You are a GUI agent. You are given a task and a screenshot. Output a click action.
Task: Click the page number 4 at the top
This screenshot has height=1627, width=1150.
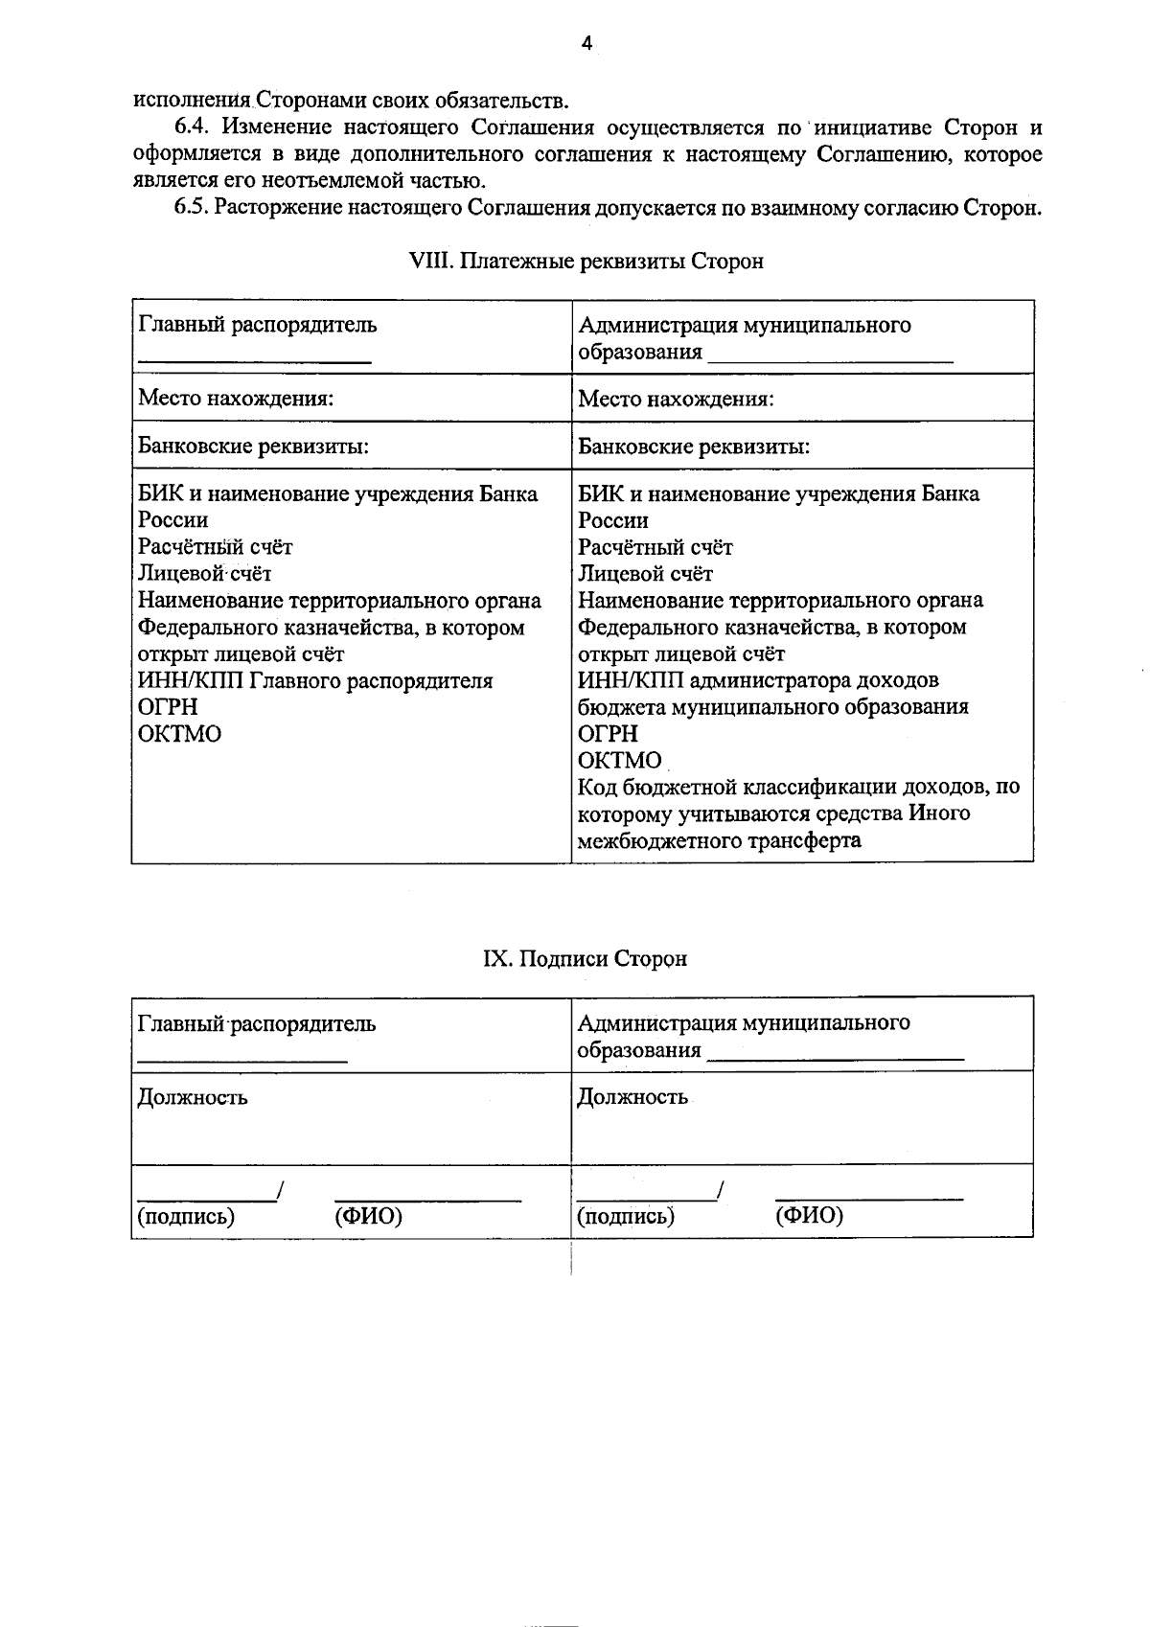coord(586,42)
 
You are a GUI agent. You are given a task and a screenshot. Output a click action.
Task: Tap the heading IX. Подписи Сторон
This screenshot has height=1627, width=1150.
coord(585,959)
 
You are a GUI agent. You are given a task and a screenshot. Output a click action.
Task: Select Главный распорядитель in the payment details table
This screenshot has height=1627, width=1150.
coord(257,325)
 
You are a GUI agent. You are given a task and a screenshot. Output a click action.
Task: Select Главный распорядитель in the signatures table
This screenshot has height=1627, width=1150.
coord(256,1023)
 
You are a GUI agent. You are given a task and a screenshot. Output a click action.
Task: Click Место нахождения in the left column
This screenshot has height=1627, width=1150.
coord(236,398)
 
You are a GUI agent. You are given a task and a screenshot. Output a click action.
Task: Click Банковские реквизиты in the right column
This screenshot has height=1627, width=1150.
coord(693,447)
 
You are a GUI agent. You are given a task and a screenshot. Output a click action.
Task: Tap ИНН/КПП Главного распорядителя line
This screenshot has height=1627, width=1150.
coord(315,681)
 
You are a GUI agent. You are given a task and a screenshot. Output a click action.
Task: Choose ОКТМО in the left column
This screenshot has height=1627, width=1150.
coord(179,735)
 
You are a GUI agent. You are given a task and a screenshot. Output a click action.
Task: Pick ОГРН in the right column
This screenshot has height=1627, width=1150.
coord(607,734)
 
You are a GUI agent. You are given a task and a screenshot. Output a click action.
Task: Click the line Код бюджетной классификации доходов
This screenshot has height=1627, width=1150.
coord(798,788)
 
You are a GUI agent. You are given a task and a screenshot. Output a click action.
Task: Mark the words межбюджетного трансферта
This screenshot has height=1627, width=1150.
coord(719,841)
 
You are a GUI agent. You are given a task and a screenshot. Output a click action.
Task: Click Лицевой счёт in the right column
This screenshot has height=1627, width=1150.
coord(645,574)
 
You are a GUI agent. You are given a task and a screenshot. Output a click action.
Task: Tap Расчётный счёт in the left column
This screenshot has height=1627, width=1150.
coord(215,547)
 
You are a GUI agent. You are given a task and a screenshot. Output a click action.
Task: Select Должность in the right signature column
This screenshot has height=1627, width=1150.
coord(632,1098)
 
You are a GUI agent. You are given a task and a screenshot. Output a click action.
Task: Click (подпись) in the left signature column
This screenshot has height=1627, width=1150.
coord(186,1217)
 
